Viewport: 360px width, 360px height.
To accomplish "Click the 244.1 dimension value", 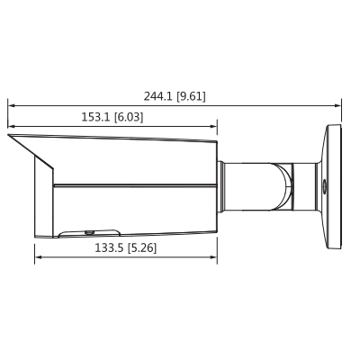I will click(158, 95).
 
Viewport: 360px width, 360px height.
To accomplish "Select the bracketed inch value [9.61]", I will click(191, 95).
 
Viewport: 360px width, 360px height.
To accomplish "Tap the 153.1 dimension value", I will click(95, 117).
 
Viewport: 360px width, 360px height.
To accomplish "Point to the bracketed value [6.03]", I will click(128, 117).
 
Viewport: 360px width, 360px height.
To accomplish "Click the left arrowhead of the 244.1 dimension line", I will click(11, 104).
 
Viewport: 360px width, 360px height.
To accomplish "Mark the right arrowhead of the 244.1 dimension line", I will click(338, 104).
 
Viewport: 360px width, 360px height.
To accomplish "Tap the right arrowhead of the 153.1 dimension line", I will click(213, 125).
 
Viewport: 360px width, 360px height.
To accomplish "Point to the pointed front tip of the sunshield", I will click(10, 136).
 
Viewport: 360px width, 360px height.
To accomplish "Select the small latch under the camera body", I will click(76, 232).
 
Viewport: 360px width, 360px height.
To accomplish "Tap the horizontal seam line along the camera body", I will click(135, 185).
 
